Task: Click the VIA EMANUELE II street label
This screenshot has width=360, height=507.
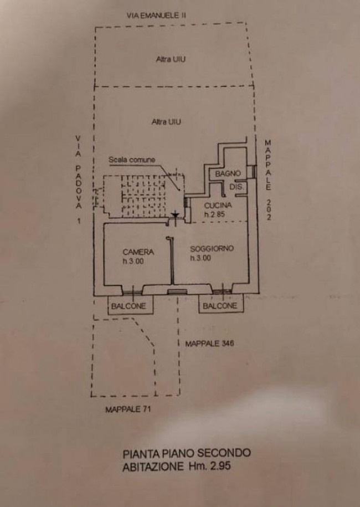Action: coord(156,15)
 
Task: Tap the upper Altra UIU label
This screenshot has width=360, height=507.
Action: coord(171,59)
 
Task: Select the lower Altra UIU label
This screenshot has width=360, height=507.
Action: coord(166,122)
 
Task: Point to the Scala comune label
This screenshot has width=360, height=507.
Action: coord(131,160)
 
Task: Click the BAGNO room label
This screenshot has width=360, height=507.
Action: coord(228,173)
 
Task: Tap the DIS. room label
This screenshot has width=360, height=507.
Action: coord(237,187)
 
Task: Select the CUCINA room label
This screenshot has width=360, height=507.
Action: coord(218,206)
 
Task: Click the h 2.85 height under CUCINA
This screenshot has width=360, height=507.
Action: coord(214,214)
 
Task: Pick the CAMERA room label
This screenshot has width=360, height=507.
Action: coord(138,252)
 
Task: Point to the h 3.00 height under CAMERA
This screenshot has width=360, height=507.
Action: coord(133,262)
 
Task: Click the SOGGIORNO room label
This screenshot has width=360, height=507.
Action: coord(212,249)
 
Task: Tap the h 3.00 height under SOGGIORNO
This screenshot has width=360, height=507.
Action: coord(200,258)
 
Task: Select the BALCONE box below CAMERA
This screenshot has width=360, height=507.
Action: coord(130,305)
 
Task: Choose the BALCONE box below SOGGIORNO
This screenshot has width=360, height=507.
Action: coord(221,304)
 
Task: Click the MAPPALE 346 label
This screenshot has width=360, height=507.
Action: coord(209,344)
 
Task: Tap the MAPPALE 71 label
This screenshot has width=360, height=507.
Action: coord(128,409)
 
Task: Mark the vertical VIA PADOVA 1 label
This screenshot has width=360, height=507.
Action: coord(79,180)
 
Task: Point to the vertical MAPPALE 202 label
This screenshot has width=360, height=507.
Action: coord(268,180)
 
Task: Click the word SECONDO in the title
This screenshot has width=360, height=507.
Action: coord(224,453)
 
